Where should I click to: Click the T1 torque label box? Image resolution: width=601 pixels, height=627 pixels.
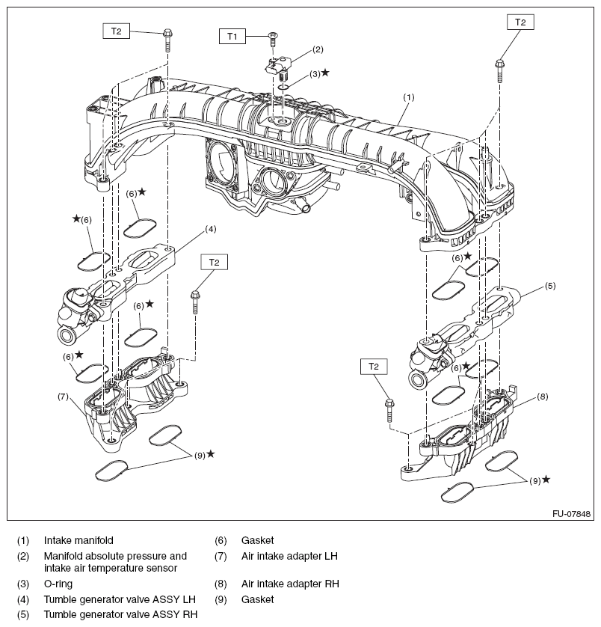(x=232, y=35)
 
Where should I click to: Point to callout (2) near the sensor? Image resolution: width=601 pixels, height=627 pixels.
(x=318, y=50)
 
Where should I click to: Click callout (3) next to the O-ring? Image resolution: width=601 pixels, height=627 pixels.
(x=315, y=74)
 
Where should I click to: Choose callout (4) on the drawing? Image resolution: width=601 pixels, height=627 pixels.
(x=210, y=228)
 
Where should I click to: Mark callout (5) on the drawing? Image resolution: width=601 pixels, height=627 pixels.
(x=549, y=286)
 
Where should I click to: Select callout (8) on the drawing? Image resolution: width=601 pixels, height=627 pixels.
(x=543, y=396)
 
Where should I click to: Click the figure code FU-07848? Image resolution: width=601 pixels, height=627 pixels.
(x=571, y=515)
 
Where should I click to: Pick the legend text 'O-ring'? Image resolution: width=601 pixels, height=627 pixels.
(x=58, y=583)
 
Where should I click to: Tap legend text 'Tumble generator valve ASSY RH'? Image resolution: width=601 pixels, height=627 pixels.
(x=120, y=615)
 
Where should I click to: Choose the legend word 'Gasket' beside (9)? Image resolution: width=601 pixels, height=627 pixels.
(x=257, y=599)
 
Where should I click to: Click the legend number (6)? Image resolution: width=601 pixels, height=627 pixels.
(x=221, y=539)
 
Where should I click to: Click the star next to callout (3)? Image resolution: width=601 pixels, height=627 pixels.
(x=325, y=73)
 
